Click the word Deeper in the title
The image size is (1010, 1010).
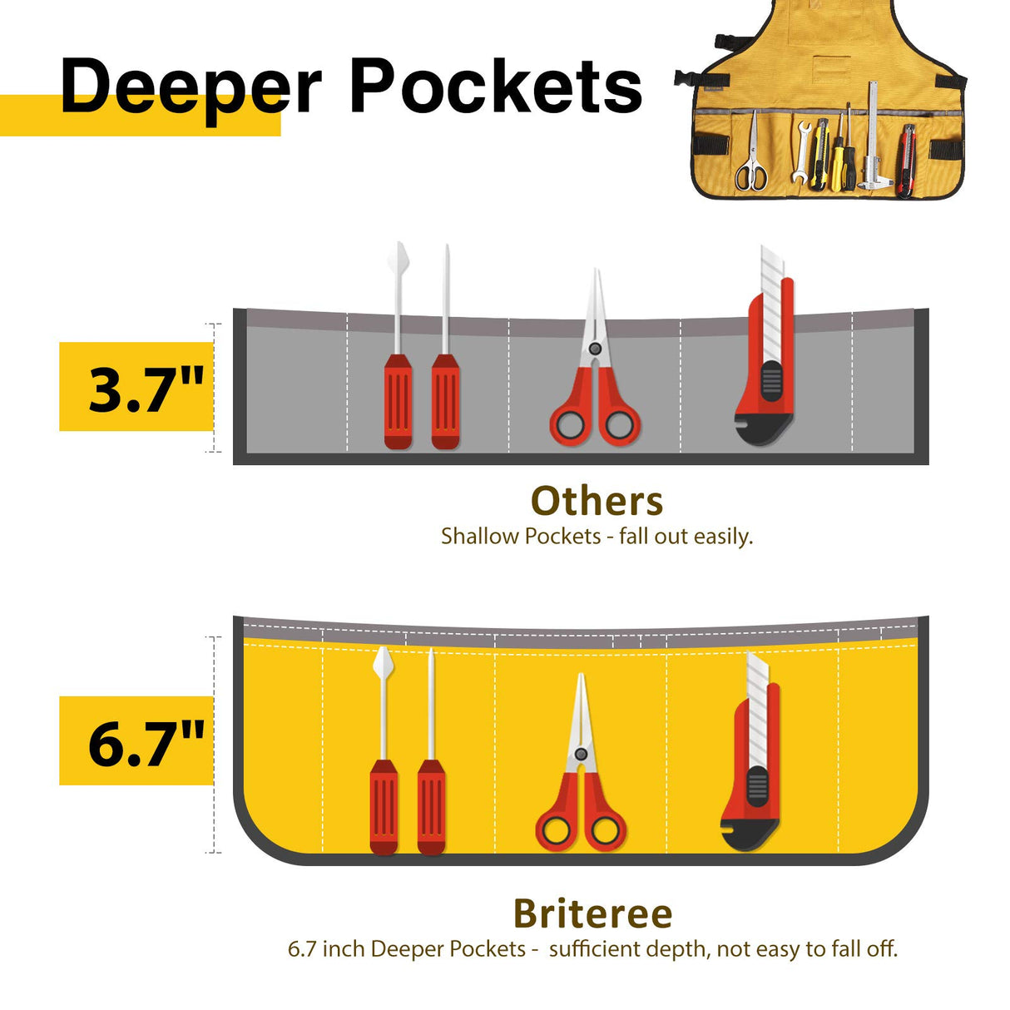[191, 87]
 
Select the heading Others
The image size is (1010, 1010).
[597, 502]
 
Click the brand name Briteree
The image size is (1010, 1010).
[592, 913]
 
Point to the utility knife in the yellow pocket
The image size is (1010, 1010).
[752, 765]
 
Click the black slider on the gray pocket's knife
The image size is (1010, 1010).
[771, 381]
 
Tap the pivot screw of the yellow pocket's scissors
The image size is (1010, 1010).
[581, 754]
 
